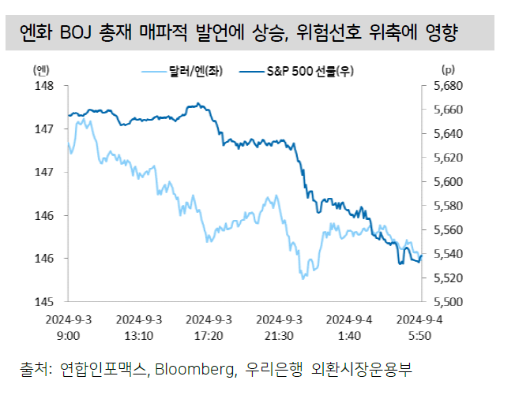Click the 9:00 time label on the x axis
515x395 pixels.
(x=68, y=335)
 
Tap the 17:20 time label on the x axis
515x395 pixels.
(x=209, y=335)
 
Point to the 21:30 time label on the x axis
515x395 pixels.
(x=280, y=335)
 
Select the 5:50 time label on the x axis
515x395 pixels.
(x=419, y=335)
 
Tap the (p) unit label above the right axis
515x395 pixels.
(x=449, y=69)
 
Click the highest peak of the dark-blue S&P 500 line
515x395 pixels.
(x=197, y=103)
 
